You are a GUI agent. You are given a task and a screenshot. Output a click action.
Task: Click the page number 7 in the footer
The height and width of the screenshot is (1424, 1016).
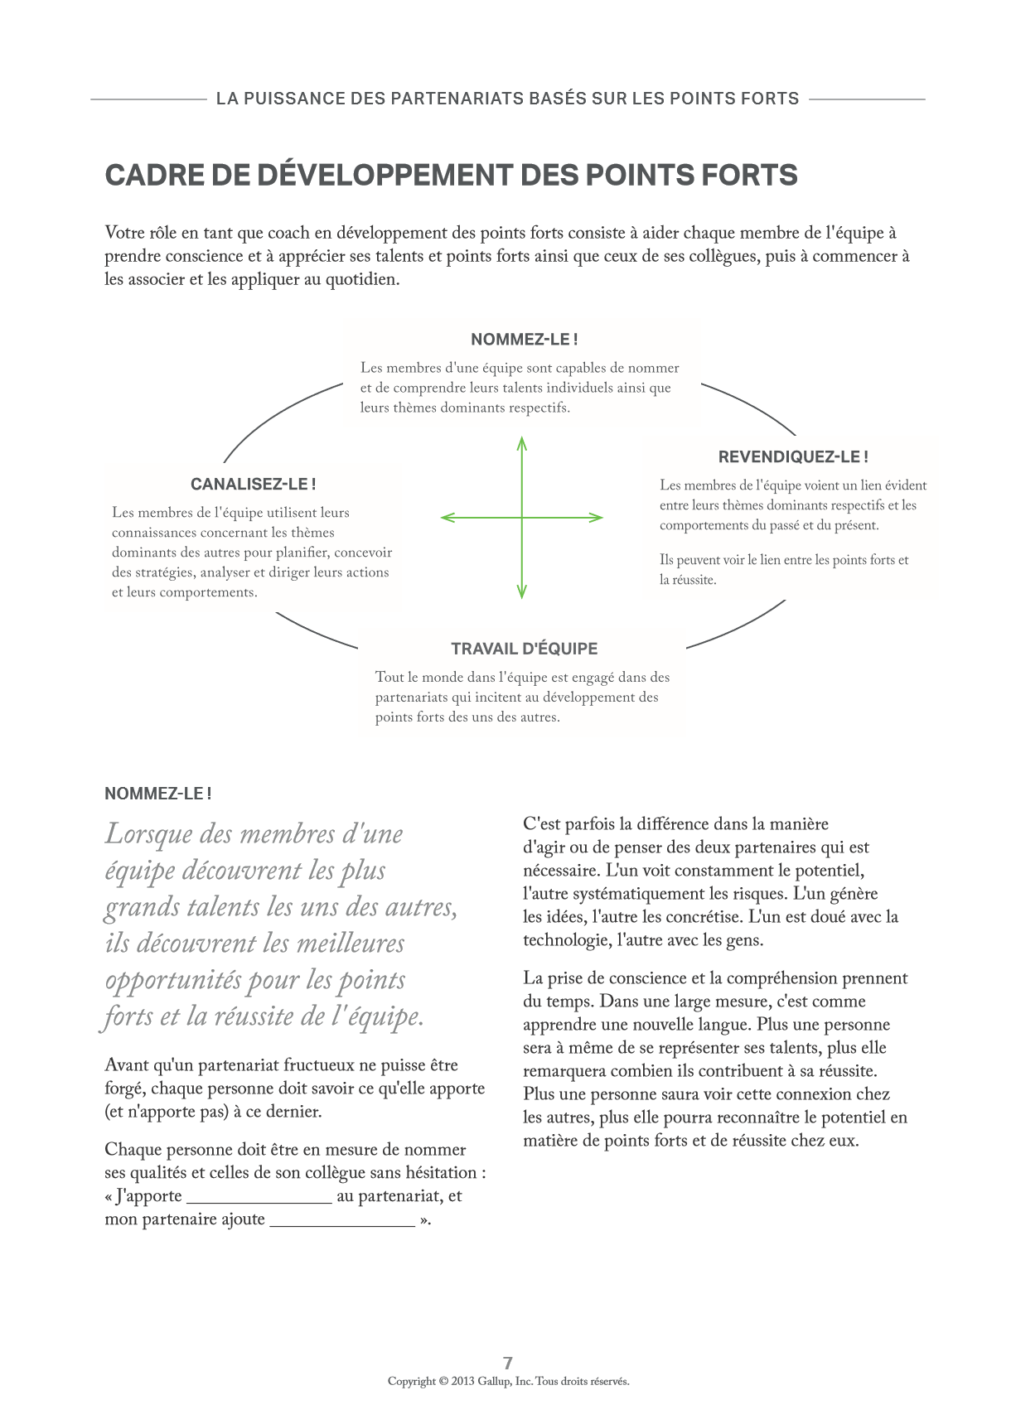click(508, 1363)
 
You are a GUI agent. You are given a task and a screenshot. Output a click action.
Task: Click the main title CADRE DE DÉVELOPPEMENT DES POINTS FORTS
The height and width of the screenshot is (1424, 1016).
click(451, 176)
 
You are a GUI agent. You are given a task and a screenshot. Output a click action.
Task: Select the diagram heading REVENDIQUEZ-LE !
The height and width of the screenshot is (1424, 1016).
click(792, 456)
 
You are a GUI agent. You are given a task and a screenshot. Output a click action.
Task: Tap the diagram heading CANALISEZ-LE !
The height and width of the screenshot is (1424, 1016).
click(253, 485)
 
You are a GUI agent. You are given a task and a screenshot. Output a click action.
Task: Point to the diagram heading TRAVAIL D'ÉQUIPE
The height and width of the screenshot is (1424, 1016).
click(524, 649)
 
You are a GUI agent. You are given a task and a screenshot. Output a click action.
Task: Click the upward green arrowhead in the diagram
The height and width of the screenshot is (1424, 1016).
click(522, 442)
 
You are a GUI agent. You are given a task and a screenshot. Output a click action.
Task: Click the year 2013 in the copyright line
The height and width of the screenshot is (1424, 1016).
click(462, 1381)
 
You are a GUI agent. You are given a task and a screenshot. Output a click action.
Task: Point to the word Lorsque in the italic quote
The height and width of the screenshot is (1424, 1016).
click(148, 835)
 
